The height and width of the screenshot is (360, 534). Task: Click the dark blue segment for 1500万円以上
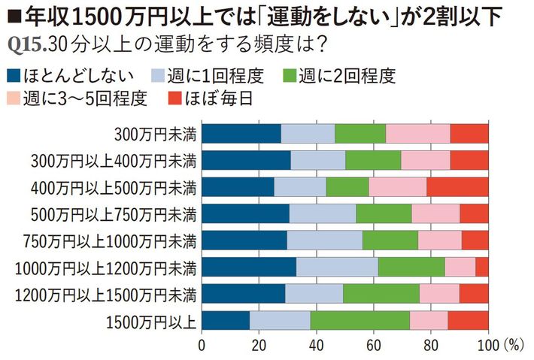(225, 319)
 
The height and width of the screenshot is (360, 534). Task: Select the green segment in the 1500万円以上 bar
(360, 319)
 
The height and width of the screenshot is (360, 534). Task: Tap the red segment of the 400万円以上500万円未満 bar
(457, 186)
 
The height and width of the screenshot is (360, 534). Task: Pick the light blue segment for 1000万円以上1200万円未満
(337, 266)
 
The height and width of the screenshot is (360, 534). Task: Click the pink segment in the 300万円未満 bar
(418, 133)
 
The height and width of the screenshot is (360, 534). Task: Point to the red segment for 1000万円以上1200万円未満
(482, 266)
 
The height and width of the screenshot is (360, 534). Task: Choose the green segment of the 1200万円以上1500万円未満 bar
(381, 292)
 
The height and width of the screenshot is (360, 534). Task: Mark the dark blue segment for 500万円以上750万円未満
(245, 213)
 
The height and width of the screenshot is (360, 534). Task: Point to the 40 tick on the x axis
(316, 345)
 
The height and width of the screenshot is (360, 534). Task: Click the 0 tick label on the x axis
(202, 345)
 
